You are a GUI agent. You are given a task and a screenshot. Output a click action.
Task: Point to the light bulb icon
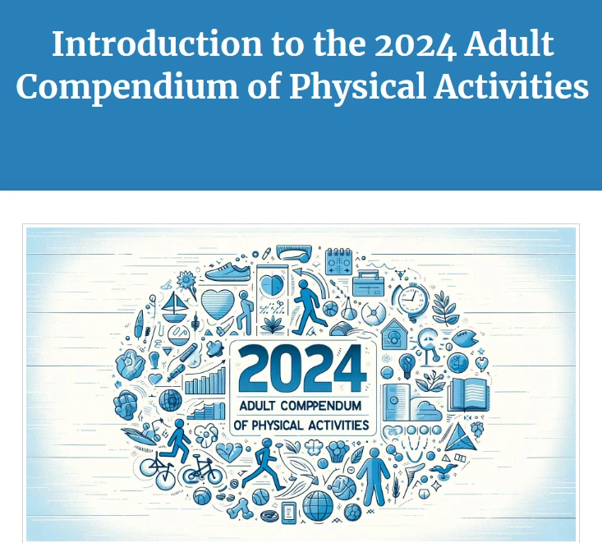click(406, 362)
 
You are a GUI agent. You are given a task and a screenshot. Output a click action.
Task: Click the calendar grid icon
click(338, 262)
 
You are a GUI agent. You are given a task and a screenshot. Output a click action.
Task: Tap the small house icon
click(393, 332)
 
